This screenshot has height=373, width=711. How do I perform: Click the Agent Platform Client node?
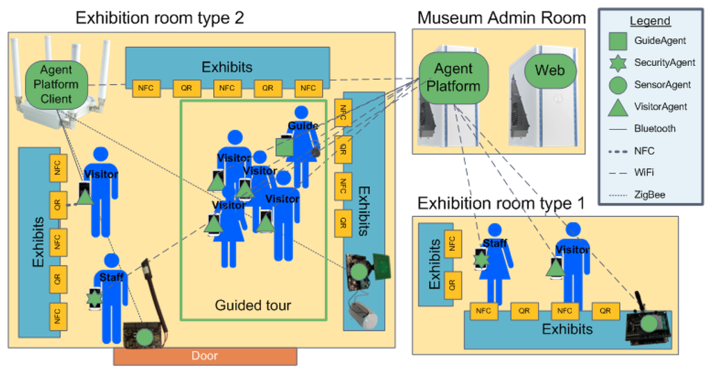[56, 84]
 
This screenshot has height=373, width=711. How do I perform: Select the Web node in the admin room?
[550, 71]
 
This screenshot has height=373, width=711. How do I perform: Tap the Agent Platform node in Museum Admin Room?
[453, 78]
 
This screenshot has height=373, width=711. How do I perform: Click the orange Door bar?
[205, 356]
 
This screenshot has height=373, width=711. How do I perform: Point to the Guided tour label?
[253, 305]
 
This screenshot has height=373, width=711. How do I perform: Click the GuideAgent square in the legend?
[618, 41]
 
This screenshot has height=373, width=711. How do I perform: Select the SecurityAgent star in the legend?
[618, 63]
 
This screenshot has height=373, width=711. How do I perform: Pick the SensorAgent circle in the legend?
[618, 85]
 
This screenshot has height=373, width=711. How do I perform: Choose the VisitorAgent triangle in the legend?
[618, 106]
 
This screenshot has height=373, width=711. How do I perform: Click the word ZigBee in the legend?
[649, 195]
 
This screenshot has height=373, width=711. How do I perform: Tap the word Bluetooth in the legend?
[654, 129]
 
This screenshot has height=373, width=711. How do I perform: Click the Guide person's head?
[301, 113]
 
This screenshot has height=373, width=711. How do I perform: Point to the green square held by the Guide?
[284, 146]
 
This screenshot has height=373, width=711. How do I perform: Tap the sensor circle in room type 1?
[648, 322]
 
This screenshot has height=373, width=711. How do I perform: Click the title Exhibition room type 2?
[159, 17]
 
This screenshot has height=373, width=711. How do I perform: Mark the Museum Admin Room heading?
[500, 17]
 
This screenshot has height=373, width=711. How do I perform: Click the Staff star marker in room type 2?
[94, 297]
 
